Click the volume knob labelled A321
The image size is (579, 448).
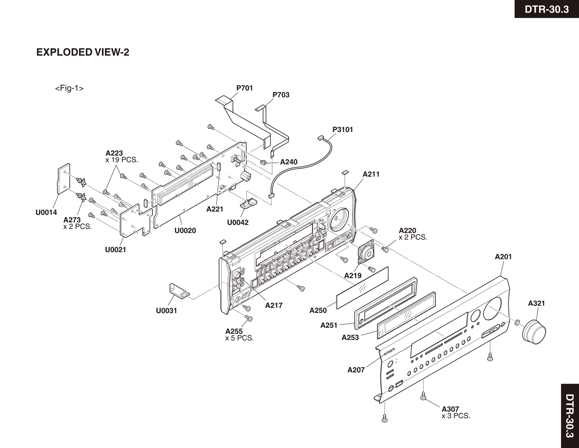point(534,330)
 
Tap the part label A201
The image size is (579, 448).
point(503,257)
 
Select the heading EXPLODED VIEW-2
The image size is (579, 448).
point(83,52)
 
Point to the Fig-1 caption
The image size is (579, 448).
point(69,88)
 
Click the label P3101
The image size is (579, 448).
point(343,130)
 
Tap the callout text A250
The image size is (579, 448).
point(318,310)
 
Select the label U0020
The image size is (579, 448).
point(185,230)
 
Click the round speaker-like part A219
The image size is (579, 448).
point(365,253)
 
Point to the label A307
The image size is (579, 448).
point(450,409)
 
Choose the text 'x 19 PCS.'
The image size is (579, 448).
point(122,160)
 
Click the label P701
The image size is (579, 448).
point(244,88)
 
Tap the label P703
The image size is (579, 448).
point(281,95)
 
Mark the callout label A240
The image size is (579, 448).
point(288,162)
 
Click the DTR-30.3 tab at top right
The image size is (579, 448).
point(547,9)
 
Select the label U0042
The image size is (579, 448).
point(238,222)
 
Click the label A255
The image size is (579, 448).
point(234,331)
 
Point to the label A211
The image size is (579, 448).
point(371,174)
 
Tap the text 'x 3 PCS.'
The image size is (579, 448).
point(456,416)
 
